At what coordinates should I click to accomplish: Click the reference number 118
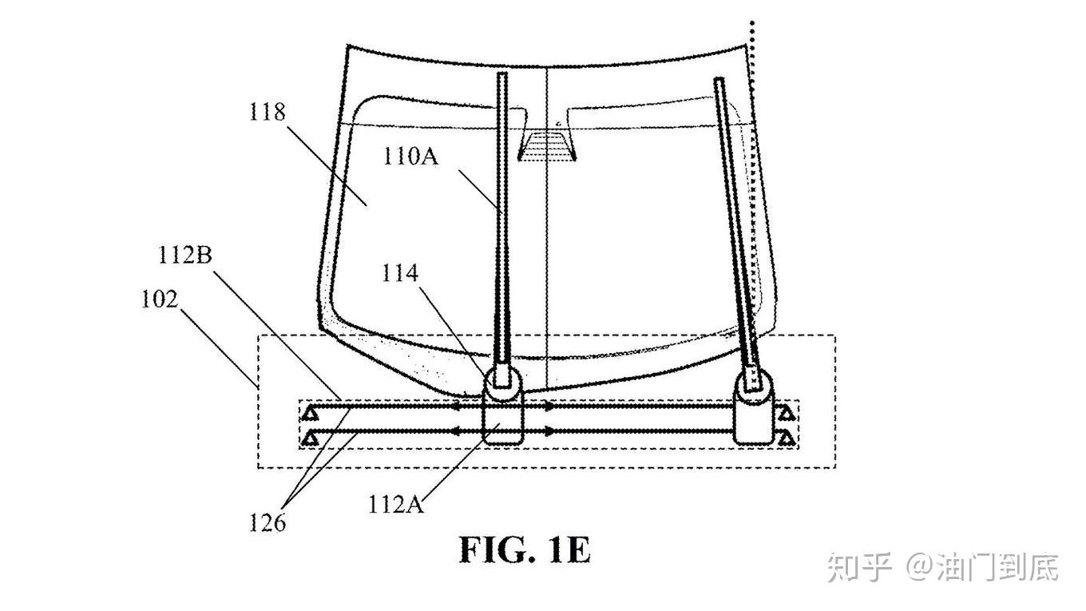(x=268, y=112)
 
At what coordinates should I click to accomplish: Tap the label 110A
(x=410, y=157)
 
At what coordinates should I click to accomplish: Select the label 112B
(x=185, y=255)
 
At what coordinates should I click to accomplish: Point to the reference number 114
(x=400, y=273)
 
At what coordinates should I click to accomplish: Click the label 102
(x=160, y=300)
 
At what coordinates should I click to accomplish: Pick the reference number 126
(x=268, y=522)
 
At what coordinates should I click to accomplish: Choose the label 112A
(x=396, y=504)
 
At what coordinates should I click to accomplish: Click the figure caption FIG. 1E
(x=525, y=550)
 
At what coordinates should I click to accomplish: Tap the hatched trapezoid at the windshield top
(x=547, y=146)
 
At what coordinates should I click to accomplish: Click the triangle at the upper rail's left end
(x=311, y=414)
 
